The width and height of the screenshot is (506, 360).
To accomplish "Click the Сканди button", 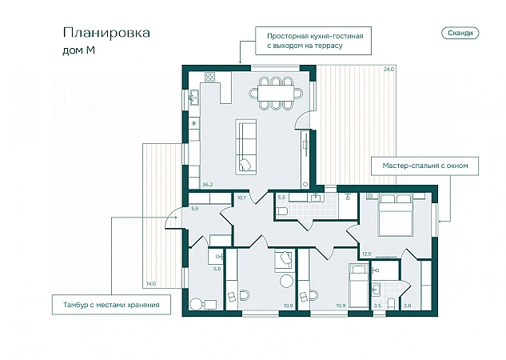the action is [460, 33].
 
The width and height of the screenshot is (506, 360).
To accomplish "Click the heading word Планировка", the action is [106, 33].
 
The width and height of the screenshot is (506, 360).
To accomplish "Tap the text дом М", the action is [79, 50].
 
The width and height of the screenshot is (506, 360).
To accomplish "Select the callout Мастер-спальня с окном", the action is [424, 166].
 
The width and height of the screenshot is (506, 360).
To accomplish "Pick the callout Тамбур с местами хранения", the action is [111, 305].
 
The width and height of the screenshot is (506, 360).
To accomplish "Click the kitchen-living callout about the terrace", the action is [313, 41].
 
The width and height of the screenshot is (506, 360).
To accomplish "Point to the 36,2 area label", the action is [208, 185].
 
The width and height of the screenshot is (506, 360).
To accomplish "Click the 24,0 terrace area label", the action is [388, 69].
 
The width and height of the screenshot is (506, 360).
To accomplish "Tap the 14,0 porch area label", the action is [151, 284].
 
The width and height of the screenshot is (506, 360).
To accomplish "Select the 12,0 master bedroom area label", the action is [366, 254].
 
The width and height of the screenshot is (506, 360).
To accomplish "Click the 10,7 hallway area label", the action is [241, 198].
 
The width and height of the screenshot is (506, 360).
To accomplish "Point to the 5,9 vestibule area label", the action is [194, 209].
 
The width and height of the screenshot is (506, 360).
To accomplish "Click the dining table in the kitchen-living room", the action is [276, 94].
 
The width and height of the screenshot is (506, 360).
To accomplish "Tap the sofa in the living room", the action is [246, 147].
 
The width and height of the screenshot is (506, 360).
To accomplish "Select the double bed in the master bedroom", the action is [396, 214].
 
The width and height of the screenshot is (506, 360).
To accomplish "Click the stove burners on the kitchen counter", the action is [210, 77].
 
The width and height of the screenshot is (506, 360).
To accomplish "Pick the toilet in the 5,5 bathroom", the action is [282, 211].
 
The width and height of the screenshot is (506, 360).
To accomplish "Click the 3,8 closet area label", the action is [407, 306].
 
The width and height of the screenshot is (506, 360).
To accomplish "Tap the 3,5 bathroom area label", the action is [377, 306].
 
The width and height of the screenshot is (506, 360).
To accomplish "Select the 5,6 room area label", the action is [217, 269].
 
